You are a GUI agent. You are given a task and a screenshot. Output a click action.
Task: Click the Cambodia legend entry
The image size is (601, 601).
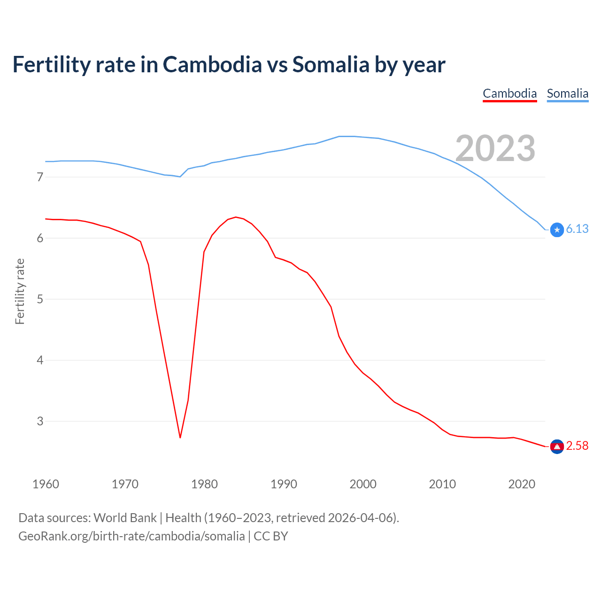509,93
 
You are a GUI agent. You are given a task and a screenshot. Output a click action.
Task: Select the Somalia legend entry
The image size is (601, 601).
567,93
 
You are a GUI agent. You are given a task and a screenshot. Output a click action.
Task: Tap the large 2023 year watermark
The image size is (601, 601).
495,148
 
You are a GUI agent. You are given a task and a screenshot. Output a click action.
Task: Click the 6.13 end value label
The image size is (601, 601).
577,229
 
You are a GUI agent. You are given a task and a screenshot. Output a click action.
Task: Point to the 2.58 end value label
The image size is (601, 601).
577,446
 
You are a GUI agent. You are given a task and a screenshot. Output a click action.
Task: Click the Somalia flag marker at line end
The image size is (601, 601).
557,230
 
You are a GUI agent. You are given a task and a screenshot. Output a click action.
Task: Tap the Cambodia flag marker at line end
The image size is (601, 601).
557,447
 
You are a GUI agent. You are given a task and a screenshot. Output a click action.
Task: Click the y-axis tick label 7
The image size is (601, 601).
40,177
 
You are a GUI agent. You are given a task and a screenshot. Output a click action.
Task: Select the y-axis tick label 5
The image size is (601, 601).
40,299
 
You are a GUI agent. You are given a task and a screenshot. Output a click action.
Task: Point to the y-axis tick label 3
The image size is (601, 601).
40,421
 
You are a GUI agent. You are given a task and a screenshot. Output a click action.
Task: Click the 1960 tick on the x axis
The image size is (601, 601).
46,484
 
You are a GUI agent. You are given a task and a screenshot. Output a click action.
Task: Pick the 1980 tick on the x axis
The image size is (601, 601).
204,484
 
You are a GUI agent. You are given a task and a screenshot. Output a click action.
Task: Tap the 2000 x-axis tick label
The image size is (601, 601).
363,484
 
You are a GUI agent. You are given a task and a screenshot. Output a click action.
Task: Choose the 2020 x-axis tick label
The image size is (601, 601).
522,484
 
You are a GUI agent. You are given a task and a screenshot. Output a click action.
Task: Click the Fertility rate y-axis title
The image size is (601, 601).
20,291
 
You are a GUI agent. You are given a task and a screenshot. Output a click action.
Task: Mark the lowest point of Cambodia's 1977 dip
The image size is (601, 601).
180,438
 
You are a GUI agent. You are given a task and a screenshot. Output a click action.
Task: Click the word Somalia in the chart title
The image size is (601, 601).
331,64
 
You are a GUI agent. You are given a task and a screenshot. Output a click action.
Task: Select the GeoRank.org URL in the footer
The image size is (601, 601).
131,536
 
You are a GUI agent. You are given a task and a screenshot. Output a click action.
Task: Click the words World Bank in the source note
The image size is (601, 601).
125,518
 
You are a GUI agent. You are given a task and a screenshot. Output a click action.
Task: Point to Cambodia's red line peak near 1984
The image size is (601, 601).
235,217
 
